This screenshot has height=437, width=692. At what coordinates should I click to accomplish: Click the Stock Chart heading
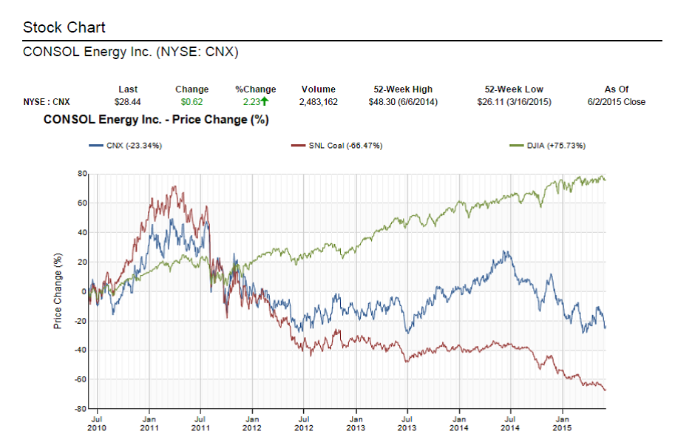coord(64,27)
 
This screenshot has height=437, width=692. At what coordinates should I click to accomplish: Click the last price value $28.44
coord(128,102)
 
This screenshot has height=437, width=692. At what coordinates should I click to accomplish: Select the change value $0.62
coord(191,102)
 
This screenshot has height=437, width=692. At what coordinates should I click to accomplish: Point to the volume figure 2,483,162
coord(318,102)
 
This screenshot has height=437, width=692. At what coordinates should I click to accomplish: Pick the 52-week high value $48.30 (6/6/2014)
coord(403,102)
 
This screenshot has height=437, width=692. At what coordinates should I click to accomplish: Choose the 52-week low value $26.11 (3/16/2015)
coord(514,102)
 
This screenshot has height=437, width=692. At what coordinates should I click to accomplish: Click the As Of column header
coord(616,89)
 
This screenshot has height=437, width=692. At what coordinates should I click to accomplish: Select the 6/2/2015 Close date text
coord(616,102)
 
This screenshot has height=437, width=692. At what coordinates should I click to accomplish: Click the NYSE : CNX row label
coord(47,102)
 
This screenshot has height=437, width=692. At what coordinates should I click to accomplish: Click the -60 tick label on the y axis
coord(81,379)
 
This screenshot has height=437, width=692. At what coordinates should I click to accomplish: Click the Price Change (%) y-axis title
coord(58,291)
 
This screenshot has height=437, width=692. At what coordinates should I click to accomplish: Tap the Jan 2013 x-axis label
coord(356,423)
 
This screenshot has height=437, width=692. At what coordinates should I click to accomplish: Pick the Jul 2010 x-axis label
coord(97,423)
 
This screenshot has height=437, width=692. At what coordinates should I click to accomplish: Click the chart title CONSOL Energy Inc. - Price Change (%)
coord(156,119)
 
